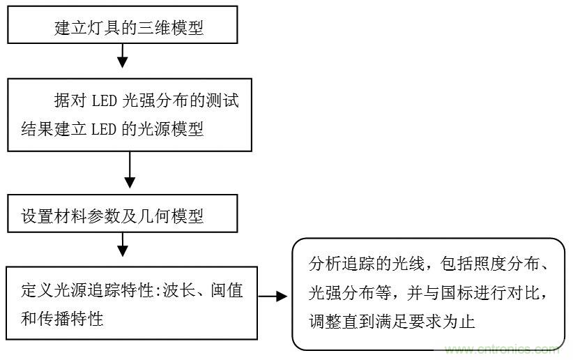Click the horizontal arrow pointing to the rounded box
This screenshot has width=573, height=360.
[x=273, y=297]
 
